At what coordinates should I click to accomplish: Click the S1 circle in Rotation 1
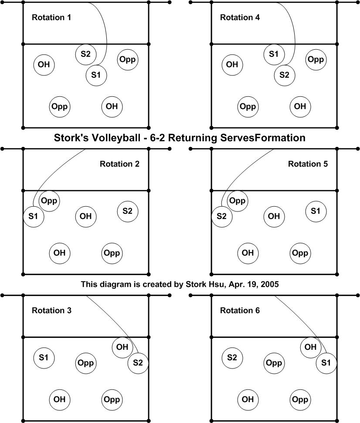(x=96, y=75)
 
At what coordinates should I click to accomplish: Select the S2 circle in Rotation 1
(x=86, y=54)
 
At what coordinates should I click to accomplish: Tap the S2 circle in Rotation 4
(x=285, y=75)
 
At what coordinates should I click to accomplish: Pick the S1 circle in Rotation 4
(x=274, y=54)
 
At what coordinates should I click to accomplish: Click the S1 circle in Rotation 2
(x=34, y=216)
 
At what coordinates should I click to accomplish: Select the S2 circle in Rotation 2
(x=128, y=211)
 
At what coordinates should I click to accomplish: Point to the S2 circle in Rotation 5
(x=222, y=216)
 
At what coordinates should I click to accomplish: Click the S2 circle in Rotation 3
(x=138, y=362)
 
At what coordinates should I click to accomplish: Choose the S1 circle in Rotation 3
(x=44, y=358)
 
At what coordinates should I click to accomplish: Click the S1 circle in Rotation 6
(x=326, y=362)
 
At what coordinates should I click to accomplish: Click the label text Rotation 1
(x=51, y=18)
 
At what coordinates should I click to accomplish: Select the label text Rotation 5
(x=308, y=164)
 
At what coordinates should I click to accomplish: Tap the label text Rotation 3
(x=51, y=311)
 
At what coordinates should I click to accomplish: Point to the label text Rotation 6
(x=240, y=311)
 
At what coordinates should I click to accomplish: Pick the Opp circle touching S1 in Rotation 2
(x=49, y=201)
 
